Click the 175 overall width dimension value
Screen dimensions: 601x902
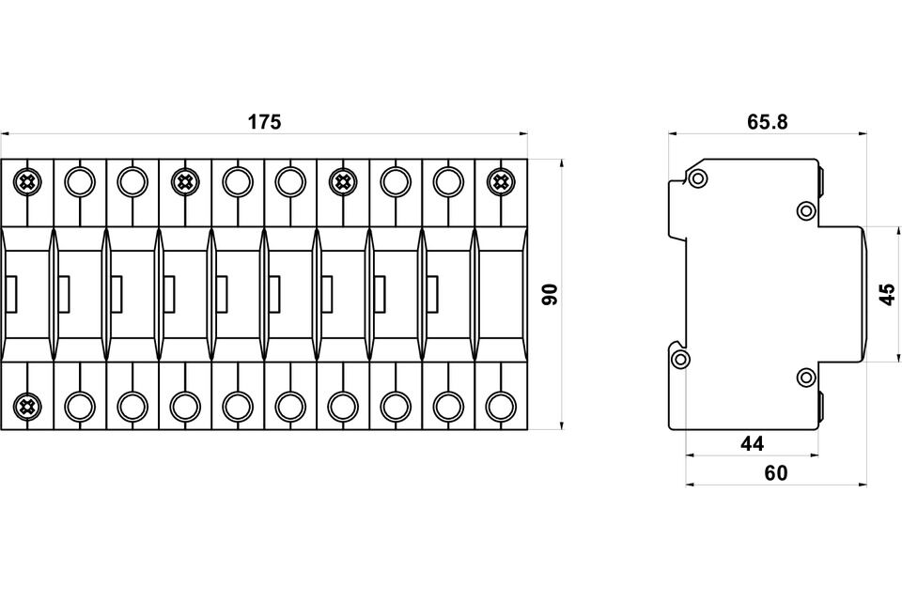[x=264, y=122]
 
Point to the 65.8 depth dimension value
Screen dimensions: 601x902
[x=767, y=122]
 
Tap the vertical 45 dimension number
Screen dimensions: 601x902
[x=887, y=294]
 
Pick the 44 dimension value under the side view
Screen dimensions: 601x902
[x=753, y=442]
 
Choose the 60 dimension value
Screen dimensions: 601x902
[x=776, y=473]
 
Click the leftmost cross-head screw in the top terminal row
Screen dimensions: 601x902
[x=27, y=179]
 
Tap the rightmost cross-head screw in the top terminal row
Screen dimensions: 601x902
[x=501, y=179]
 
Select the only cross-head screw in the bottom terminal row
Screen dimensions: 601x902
[x=27, y=406]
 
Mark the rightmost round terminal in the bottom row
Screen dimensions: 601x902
[x=501, y=406]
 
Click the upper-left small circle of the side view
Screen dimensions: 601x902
[x=697, y=178]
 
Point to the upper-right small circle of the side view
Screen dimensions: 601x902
[x=806, y=210]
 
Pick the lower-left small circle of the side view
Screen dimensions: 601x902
[x=680, y=358]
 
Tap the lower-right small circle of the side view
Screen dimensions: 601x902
[x=806, y=378]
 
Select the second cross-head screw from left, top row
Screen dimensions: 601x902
[x=185, y=179]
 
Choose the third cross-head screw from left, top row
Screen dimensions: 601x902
[x=343, y=179]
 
